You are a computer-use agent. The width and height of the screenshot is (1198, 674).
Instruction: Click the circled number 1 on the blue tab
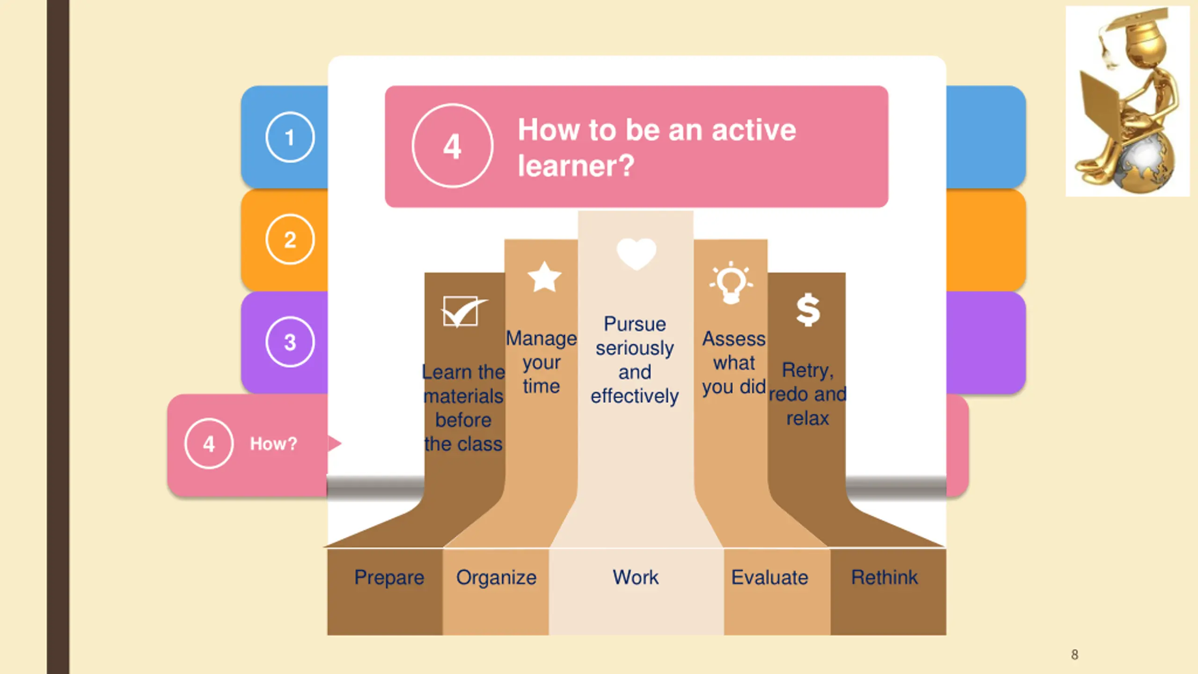click(x=290, y=137)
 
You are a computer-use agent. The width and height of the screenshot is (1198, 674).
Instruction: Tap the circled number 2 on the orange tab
click(x=290, y=240)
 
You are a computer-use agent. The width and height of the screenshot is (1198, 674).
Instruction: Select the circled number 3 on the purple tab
click(x=290, y=342)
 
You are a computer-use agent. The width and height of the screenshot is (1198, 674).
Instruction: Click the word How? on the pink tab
click(x=273, y=444)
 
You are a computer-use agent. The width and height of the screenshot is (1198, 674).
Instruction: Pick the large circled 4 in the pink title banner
click(x=452, y=146)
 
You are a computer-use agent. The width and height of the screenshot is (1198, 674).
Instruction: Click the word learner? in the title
click(x=576, y=166)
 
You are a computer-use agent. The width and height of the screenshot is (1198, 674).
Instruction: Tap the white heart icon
click(x=636, y=253)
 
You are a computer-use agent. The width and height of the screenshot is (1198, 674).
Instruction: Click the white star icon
click(x=544, y=277)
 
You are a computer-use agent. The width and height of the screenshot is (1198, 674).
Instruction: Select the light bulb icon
click(x=731, y=283)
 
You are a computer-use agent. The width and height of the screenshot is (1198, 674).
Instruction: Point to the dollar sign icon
click(x=808, y=309)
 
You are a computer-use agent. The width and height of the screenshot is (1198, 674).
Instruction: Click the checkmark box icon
click(x=462, y=311)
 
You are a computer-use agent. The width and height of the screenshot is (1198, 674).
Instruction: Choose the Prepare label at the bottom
click(x=389, y=578)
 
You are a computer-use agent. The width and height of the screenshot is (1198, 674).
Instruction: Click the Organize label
click(x=496, y=578)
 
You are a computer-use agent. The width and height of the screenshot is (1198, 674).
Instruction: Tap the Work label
click(x=636, y=577)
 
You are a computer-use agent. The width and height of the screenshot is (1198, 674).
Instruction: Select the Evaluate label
click(x=769, y=578)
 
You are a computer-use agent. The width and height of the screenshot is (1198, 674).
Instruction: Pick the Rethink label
click(x=884, y=577)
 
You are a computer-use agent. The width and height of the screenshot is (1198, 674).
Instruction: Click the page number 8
click(x=1074, y=654)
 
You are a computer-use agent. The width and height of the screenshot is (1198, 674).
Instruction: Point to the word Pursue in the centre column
click(x=635, y=324)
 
